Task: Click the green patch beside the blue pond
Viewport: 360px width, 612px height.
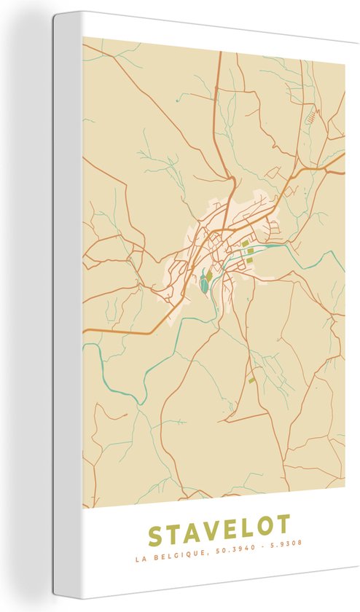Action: click(209, 276)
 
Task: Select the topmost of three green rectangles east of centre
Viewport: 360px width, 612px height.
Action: click(246, 243)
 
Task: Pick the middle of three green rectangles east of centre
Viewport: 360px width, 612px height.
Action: click(250, 251)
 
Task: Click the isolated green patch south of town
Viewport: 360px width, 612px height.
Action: click(252, 379)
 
